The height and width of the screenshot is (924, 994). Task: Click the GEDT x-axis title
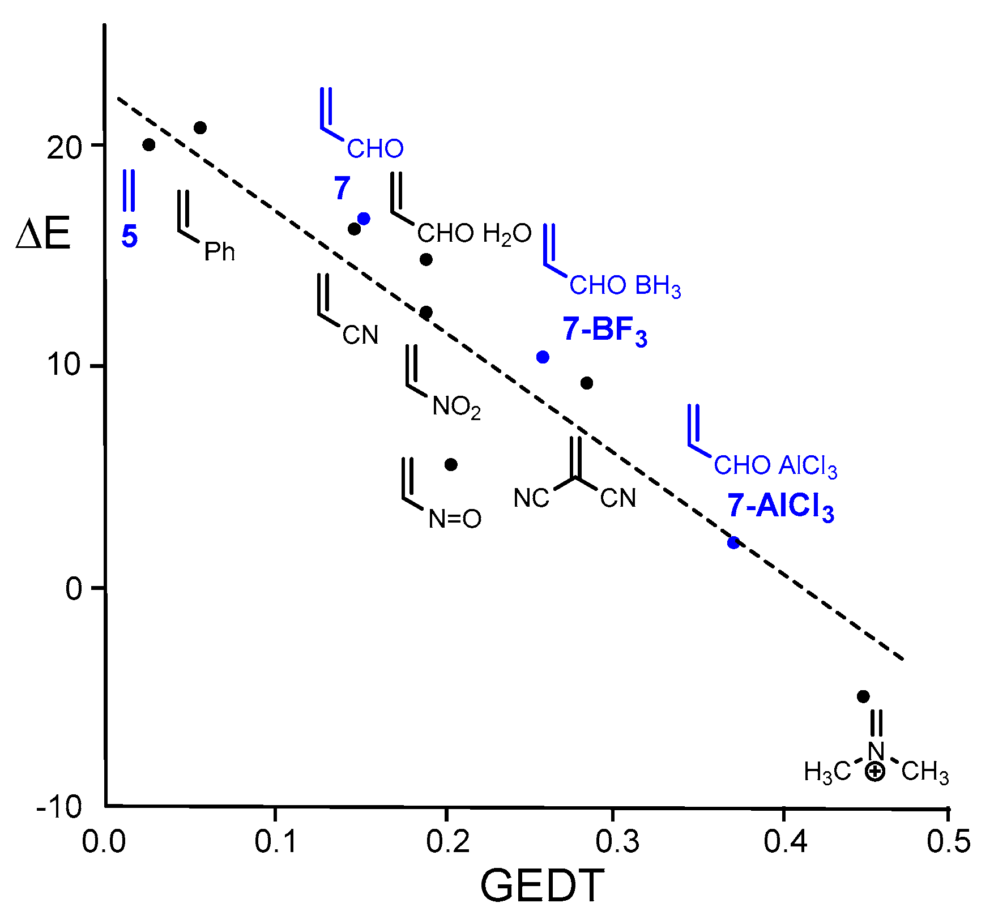point(542,885)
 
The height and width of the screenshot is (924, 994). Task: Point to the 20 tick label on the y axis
point(64,148)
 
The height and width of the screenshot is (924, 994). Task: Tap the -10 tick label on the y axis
point(59,807)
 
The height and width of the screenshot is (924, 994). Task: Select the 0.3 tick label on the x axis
point(617,842)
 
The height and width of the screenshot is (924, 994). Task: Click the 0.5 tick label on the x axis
point(949,842)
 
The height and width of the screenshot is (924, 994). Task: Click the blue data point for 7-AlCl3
point(734,542)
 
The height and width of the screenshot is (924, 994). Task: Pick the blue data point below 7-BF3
point(543,357)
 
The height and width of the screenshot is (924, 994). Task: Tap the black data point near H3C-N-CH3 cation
point(863,696)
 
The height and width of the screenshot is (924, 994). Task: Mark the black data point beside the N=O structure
point(451,465)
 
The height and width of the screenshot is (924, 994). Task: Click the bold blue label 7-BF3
point(604,330)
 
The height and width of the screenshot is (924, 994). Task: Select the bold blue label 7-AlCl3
point(780,506)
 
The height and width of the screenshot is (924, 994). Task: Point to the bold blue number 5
point(129,237)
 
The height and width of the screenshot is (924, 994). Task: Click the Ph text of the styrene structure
point(220,252)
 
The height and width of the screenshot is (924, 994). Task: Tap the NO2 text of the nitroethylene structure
point(457,407)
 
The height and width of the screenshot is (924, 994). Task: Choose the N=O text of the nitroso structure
point(455,519)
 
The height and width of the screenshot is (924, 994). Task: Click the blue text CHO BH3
point(625,286)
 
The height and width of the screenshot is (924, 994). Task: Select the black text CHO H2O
point(474,233)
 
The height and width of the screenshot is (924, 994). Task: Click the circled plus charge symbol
point(875,772)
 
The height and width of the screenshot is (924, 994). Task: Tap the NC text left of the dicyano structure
point(531,498)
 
